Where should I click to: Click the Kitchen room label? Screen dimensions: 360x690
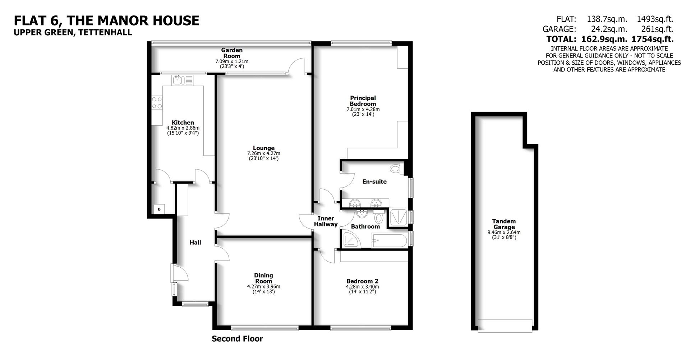183,123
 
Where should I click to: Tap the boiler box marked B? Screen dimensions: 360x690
159,209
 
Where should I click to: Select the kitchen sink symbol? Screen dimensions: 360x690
178,80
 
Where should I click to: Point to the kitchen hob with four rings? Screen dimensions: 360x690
157,102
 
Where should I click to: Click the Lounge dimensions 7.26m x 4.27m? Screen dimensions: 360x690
263,153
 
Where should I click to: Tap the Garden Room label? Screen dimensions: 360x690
231,53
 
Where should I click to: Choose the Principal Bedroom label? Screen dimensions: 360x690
363,101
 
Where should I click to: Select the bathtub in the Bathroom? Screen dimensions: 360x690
390,240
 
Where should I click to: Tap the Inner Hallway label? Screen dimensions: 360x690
326,221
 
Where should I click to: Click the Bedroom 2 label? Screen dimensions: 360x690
362,281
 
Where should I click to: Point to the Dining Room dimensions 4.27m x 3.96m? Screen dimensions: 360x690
263,287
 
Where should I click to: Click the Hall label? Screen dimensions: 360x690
195,243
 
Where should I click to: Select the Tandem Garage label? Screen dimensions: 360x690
504,224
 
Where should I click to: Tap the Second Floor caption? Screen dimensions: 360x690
237,339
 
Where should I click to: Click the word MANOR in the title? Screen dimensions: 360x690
120,20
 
